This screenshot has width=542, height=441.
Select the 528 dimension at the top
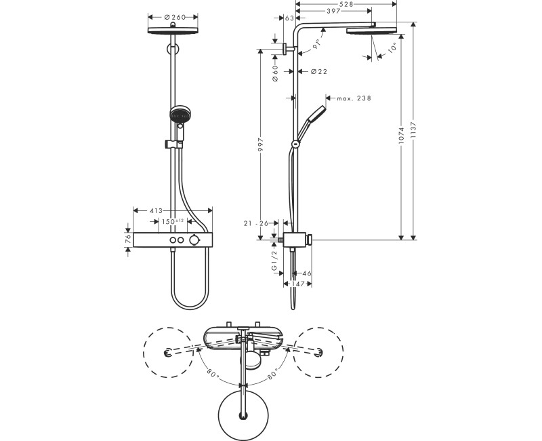(x=348, y=4)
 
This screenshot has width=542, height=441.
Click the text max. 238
(x=354, y=99)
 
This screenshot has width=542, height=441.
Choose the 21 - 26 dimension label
(x=257, y=223)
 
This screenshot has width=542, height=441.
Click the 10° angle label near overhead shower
(x=393, y=48)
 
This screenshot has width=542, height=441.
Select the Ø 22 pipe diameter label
(x=319, y=71)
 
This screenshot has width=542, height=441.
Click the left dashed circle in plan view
(x=166, y=351)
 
